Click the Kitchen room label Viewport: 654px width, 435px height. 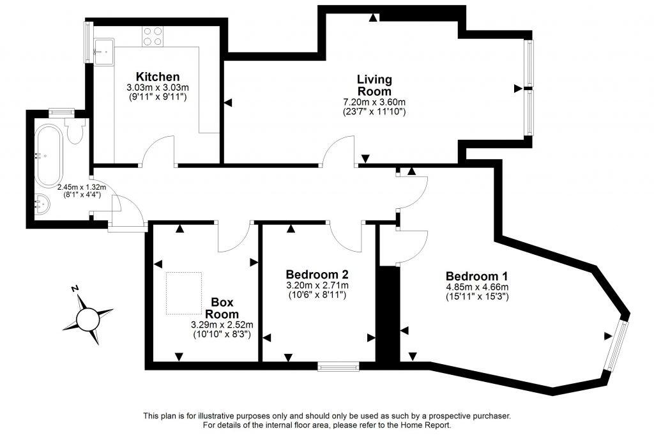pyautogui.click(x=152, y=77)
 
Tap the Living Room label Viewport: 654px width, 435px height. pyautogui.click(x=374, y=86)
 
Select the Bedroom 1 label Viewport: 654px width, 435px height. pyautogui.click(x=476, y=277)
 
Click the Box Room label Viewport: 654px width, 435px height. pyautogui.click(x=222, y=308)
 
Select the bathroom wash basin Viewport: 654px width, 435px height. pyautogui.click(x=40, y=204)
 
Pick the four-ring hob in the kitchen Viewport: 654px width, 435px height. pyautogui.click(x=152, y=36)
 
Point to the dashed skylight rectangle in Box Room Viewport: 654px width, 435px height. pyautogui.click(x=184, y=293)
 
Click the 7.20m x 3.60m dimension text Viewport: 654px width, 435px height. pyautogui.click(x=374, y=102)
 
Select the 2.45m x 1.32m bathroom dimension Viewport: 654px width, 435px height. pyautogui.click(x=81, y=188)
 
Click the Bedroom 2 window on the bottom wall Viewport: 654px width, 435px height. pyautogui.click(x=338, y=367)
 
